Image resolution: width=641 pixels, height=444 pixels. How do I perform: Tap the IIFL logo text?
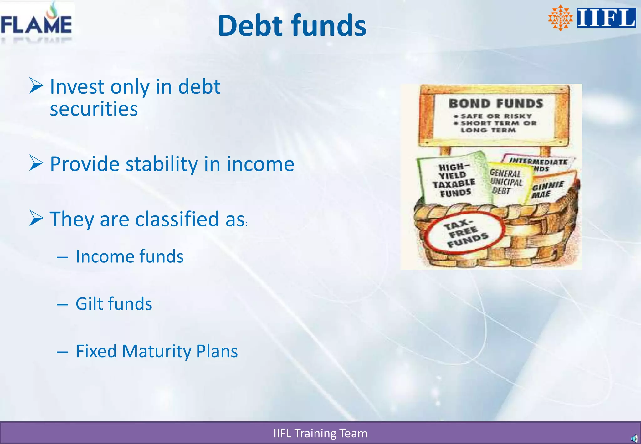(x=606, y=18)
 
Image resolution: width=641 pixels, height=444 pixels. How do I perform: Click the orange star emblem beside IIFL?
(x=560, y=18)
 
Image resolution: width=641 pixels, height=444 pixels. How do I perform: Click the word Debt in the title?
(x=251, y=26)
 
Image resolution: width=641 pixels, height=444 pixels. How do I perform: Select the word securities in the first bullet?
(x=94, y=109)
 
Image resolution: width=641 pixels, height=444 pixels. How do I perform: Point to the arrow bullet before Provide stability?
(x=36, y=163)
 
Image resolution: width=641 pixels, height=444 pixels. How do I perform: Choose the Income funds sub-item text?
(x=129, y=256)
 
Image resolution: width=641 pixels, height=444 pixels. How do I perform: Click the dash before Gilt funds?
(x=62, y=304)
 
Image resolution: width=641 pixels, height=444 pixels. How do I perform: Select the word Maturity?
(x=156, y=351)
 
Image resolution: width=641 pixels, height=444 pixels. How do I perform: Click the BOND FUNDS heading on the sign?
(x=495, y=104)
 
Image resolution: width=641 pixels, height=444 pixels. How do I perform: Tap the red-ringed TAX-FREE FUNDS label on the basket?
(x=465, y=233)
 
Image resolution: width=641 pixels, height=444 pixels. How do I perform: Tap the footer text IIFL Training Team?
(x=320, y=433)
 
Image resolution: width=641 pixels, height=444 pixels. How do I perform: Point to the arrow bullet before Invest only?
(x=36, y=86)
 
